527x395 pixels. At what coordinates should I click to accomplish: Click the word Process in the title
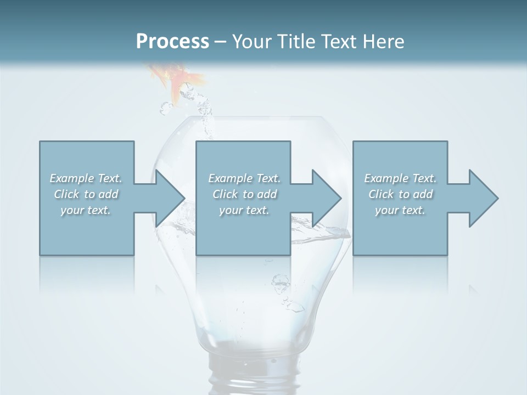(x=172, y=41)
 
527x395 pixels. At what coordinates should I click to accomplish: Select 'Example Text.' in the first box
(x=86, y=178)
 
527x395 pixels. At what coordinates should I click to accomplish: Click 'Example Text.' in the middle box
(x=244, y=178)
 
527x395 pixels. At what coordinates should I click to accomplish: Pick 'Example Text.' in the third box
(x=400, y=178)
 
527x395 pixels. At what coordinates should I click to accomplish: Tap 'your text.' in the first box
(x=86, y=210)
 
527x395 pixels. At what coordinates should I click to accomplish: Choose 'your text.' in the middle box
(x=244, y=210)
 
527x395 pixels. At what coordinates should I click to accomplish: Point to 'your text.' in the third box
(x=400, y=210)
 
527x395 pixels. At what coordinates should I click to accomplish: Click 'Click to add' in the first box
(x=86, y=194)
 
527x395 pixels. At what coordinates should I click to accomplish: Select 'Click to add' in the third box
(x=400, y=194)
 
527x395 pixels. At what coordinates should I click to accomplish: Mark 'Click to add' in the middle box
(x=244, y=194)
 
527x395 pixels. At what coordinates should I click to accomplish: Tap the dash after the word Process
(x=220, y=42)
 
